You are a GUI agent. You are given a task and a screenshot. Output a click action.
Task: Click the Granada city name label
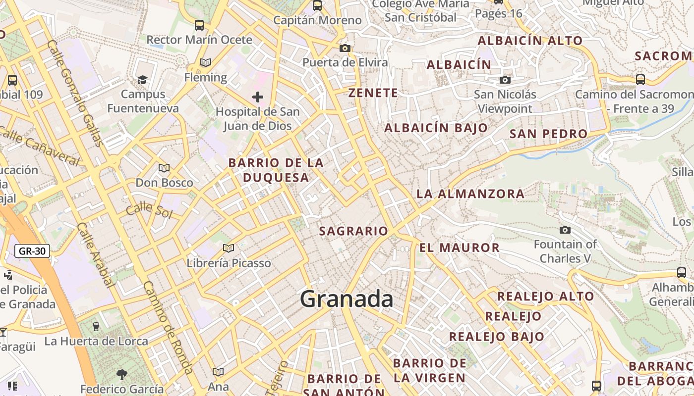(x=347, y=299)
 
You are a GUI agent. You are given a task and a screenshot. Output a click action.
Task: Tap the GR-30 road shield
(x=32, y=251)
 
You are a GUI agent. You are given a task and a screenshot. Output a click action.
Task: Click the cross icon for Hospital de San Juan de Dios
(x=257, y=97)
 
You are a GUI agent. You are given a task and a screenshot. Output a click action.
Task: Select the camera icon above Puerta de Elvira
(x=345, y=48)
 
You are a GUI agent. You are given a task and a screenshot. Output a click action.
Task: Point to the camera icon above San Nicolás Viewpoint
(x=505, y=80)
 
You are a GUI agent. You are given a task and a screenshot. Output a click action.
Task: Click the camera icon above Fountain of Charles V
(x=565, y=230)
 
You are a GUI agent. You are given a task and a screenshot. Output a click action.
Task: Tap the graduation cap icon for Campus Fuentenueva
(x=142, y=80)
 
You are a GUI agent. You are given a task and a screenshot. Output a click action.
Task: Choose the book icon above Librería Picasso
(x=228, y=248)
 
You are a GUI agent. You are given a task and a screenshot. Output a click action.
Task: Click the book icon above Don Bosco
(x=164, y=168)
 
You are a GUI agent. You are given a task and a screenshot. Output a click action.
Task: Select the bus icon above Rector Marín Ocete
(x=199, y=25)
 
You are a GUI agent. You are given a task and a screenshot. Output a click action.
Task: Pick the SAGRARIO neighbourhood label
(x=353, y=231)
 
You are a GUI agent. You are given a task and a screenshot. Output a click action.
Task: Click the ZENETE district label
(x=373, y=93)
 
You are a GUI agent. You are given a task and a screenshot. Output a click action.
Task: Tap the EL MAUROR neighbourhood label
(x=459, y=247)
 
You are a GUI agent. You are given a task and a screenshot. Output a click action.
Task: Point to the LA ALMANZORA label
(x=470, y=194)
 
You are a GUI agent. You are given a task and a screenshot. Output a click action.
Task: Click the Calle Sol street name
(x=149, y=211)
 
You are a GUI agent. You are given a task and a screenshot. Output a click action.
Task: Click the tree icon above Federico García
(x=121, y=374)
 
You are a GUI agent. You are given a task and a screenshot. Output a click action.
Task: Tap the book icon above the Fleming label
(x=205, y=63)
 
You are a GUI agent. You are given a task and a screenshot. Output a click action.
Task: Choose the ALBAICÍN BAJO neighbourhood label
(x=436, y=128)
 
